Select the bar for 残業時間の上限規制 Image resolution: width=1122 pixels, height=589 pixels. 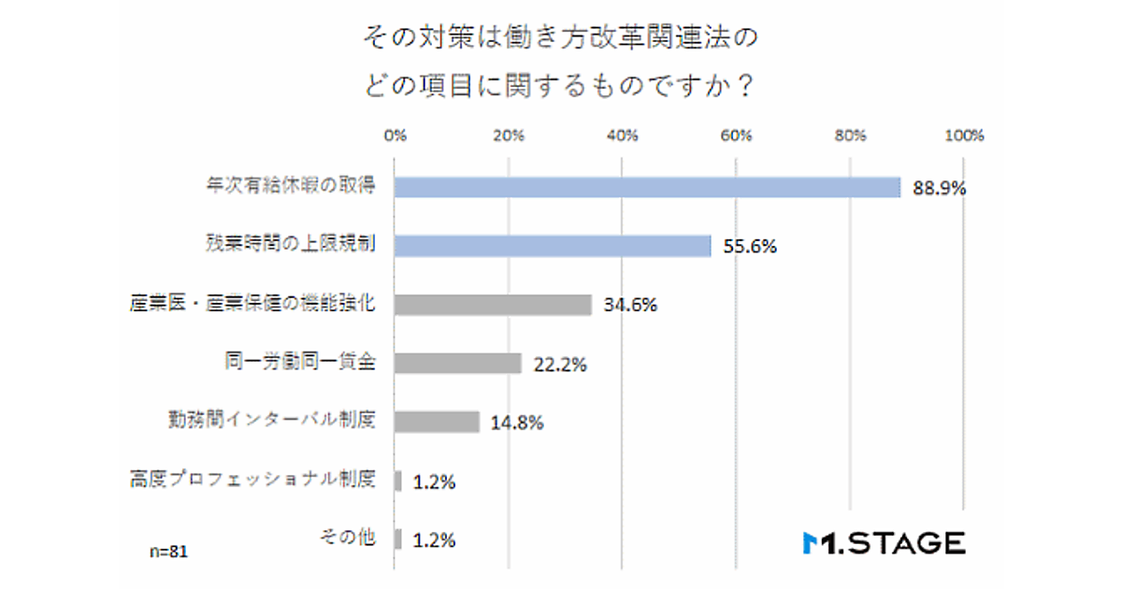pyautogui.click(x=553, y=246)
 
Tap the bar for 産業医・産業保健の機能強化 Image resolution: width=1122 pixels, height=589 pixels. pyautogui.click(x=493, y=305)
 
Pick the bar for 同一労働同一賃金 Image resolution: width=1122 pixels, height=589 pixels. pyautogui.click(x=457, y=364)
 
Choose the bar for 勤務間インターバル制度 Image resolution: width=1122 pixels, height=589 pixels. pyautogui.click(x=437, y=422)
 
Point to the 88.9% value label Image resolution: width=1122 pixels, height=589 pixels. pyautogui.click(x=936, y=189)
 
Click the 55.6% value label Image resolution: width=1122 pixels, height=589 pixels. pyautogui.click(x=748, y=248)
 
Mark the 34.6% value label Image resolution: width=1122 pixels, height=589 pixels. pyautogui.click(x=629, y=306)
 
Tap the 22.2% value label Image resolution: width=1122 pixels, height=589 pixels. pyautogui.click(x=558, y=365)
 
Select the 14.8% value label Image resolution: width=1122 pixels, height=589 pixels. pyautogui.click(x=516, y=423)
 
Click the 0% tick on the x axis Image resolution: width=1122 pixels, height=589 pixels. pyautogui.click(x=396, y=136)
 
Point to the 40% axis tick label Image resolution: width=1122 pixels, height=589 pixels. pyautogui.click(x=623, y=136)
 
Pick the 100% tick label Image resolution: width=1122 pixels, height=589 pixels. pyautogui.click(x=964, y=136)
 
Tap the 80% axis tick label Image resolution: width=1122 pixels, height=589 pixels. pyautogui.click(x=851, y=136)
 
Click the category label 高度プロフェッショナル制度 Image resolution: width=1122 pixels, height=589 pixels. pyautogui.click(x=252, y=481)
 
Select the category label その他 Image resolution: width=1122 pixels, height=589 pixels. pyautogui.click(x=347, y=539)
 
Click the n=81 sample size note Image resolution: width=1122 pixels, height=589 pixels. pyautogui.click(x=169, y=552)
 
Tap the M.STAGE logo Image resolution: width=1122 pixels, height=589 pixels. pyautogui.click(x=884, y=542)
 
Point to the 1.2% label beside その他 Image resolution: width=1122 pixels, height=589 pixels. pyautogui.click(x=435, y=540)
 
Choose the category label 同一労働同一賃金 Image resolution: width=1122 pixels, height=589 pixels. pyautogui.click(x=300, y=362)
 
